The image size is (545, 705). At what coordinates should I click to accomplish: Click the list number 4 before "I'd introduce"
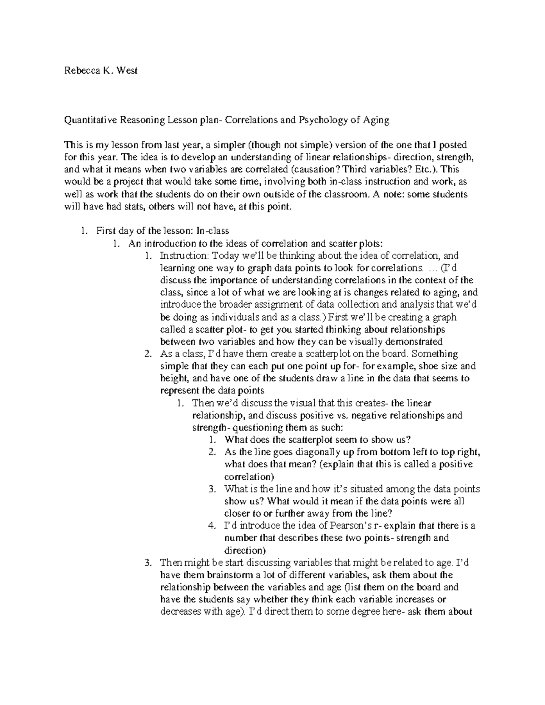[212, 526]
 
